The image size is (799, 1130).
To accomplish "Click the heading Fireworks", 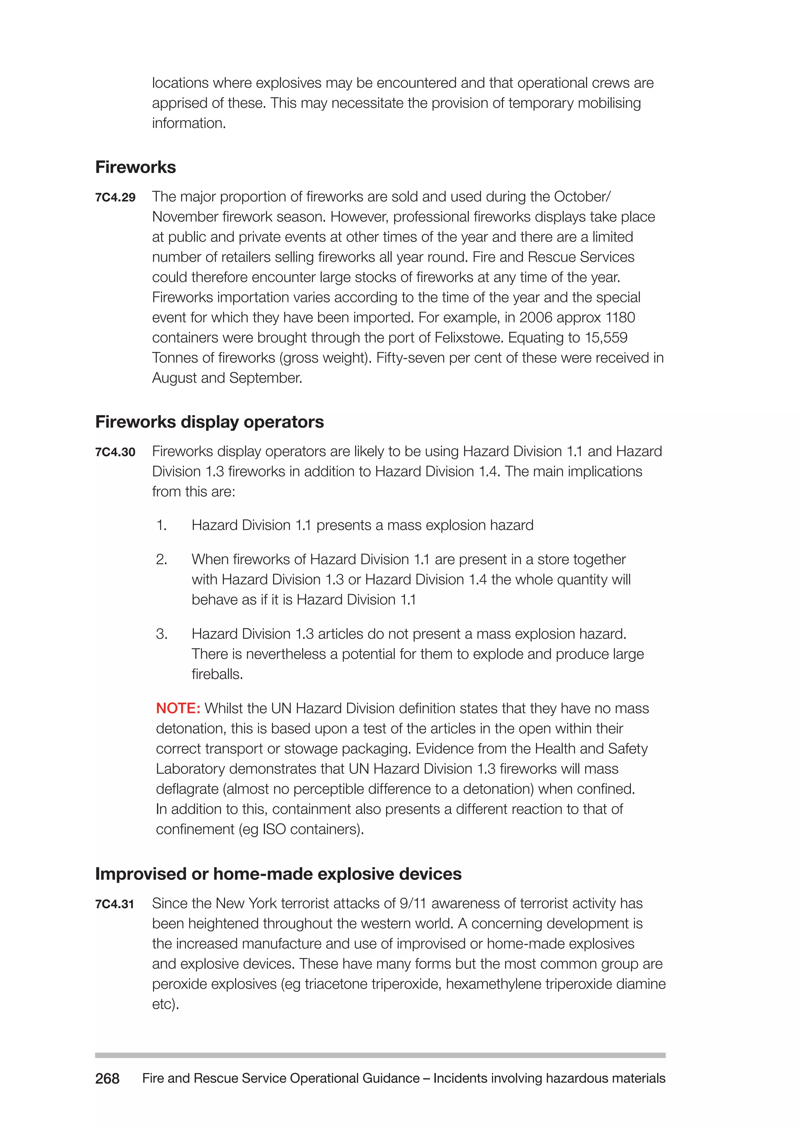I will point(135,167).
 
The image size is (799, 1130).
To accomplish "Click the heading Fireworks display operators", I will point(209,422).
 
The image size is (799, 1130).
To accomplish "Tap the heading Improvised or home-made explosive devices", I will point(278,874).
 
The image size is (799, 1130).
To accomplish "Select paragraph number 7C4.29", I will point(115,197).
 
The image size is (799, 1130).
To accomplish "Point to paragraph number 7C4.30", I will point(115,452).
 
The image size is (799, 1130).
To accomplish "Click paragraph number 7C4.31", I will point(115,904).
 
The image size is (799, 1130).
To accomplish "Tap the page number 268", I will point(107,1078).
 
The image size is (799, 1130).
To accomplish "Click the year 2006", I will point(536,318).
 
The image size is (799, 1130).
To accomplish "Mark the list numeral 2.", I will point(162,560).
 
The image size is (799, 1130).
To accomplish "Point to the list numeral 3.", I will point(162,634).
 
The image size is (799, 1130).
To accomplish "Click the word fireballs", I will point(217,674).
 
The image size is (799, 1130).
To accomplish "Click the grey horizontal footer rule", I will point(380,1055).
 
